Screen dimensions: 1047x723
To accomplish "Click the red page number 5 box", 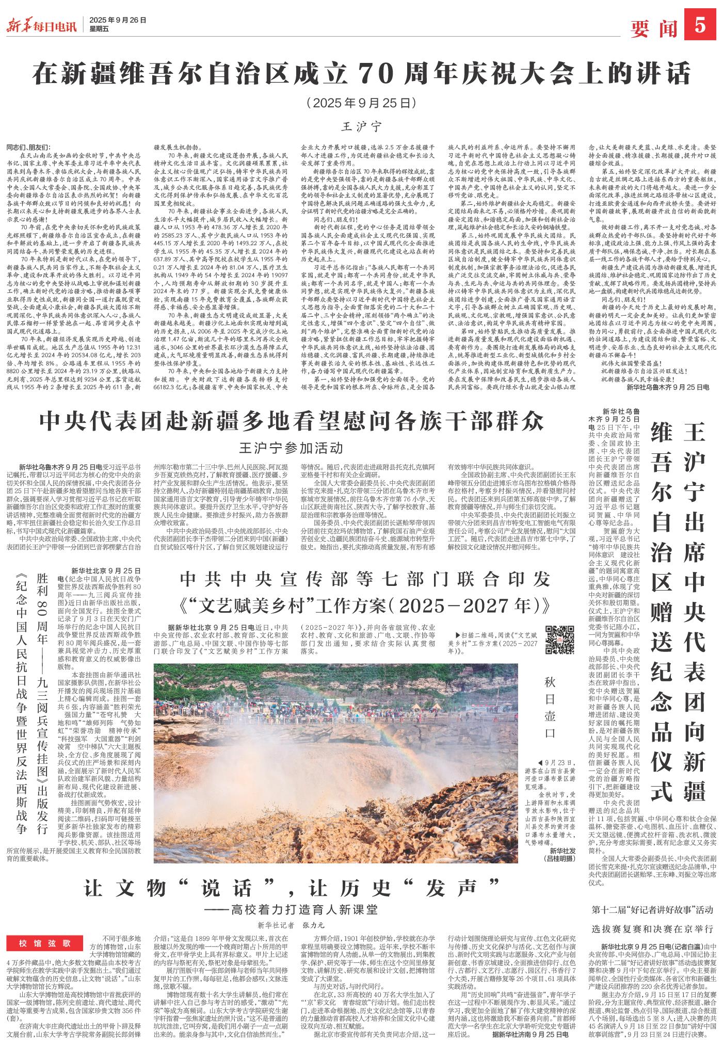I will (x=700, y=26).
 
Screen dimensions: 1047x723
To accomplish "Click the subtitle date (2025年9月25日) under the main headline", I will (x=361, y=103).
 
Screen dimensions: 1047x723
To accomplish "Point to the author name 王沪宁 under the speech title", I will (x=361, y=125).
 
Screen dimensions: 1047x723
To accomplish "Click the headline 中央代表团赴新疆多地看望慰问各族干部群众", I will (x=292, y=421).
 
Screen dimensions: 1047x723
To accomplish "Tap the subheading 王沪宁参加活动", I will (x=291, y=447).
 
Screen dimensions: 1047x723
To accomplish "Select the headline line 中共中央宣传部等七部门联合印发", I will (x=365, y=580).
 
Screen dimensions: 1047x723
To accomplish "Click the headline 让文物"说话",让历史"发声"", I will (x=292, y=887).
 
